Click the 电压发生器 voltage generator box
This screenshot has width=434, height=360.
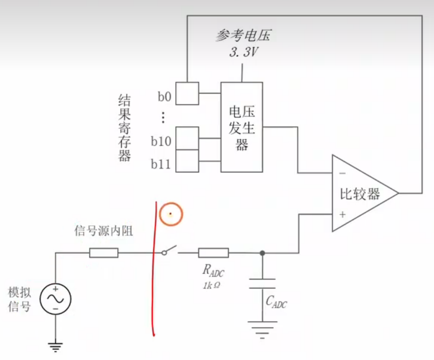(x=242, y=127)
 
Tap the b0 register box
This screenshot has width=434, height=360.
(x=188, y=93)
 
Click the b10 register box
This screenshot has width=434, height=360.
(x=188, y=138)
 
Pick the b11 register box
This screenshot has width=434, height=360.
(x=188, y=161)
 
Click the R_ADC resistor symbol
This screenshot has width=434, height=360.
(x=213, y=253)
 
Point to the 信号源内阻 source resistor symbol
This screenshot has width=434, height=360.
(x=104, y=253)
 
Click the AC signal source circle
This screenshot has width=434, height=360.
(x=55, y=299)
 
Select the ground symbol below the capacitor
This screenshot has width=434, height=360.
(x=263, y=328)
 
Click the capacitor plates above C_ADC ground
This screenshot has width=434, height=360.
(x=263, y=284)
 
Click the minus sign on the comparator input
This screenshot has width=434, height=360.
(x=342, y=173)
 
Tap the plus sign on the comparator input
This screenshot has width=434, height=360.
(x=342, y=214)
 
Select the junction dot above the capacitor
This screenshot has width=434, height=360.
(x=263, y=253)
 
